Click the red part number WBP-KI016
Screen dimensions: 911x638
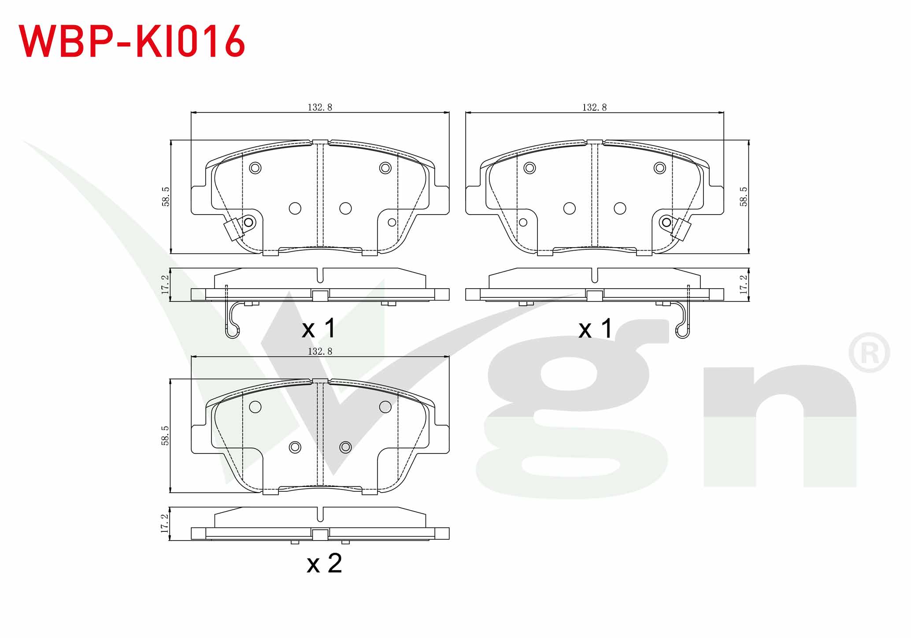coord(131,41)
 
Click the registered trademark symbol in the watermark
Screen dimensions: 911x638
coord(869,353)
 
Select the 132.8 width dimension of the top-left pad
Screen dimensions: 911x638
coord(320,107)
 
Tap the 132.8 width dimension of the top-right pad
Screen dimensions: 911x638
coord(594,107)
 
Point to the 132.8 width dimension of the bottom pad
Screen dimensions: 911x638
coord(320,351)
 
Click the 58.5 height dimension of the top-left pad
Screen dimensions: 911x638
coord(166,197)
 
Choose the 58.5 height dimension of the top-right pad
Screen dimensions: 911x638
coord(744,197)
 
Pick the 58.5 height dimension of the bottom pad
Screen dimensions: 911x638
coord(165,435)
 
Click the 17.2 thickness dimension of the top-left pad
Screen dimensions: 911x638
coord(165,285)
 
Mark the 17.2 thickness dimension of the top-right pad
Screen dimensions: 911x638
coord(744,285)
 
